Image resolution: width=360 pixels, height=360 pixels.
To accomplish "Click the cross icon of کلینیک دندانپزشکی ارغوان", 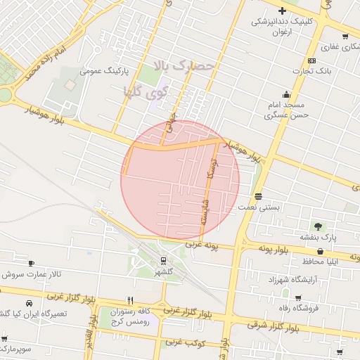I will (x=283, y=11).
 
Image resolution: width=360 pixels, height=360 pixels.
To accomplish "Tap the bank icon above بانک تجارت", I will (x=312, y=60).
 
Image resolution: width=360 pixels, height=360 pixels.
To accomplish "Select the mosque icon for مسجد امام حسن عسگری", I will (x=286, y=95).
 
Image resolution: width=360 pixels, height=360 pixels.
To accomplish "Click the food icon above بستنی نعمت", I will (x=259, y=196).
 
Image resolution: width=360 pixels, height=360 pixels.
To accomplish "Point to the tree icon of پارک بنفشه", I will (x=319, y=226).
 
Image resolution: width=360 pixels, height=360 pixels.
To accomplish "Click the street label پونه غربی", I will (x=203, y=246).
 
